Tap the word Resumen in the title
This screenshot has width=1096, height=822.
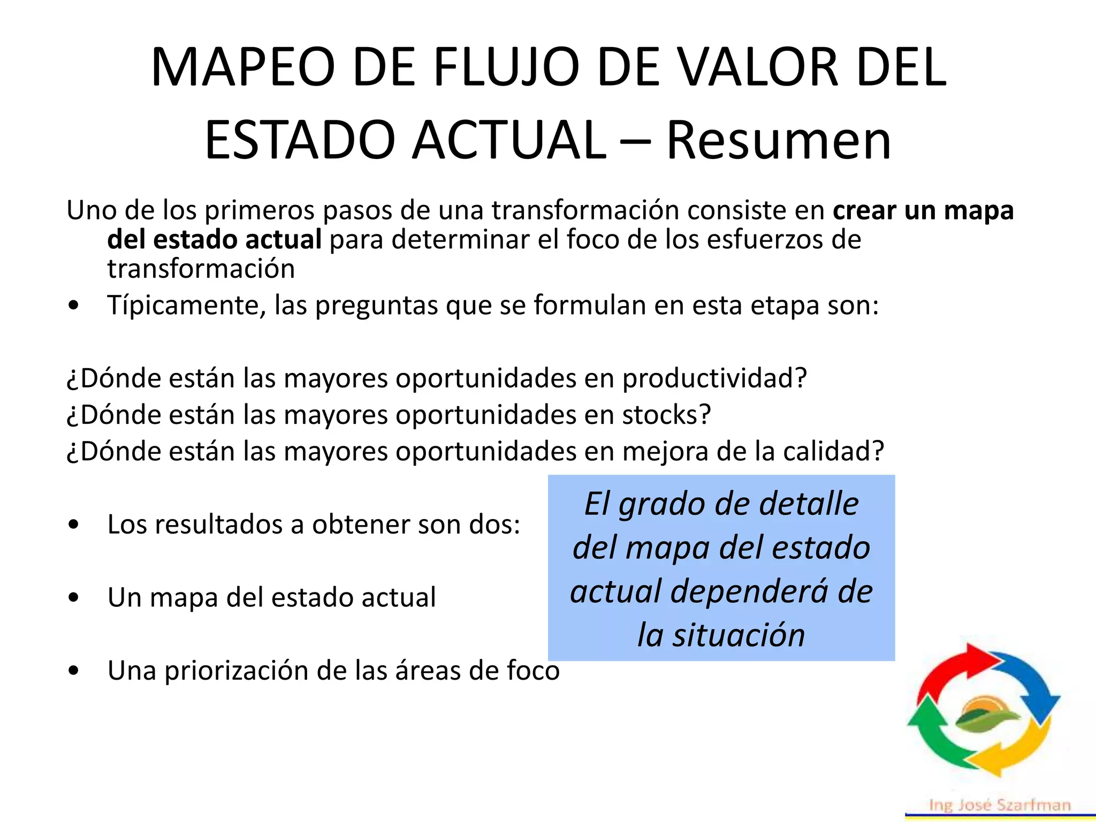pos(779,141)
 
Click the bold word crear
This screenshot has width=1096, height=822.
pos(864,210)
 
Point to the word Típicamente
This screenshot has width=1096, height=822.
pos(186,306)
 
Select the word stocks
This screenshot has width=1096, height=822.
pos(666,415)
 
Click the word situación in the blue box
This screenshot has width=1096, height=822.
pos(739,636)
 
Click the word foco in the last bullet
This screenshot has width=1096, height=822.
pos(533,671)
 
